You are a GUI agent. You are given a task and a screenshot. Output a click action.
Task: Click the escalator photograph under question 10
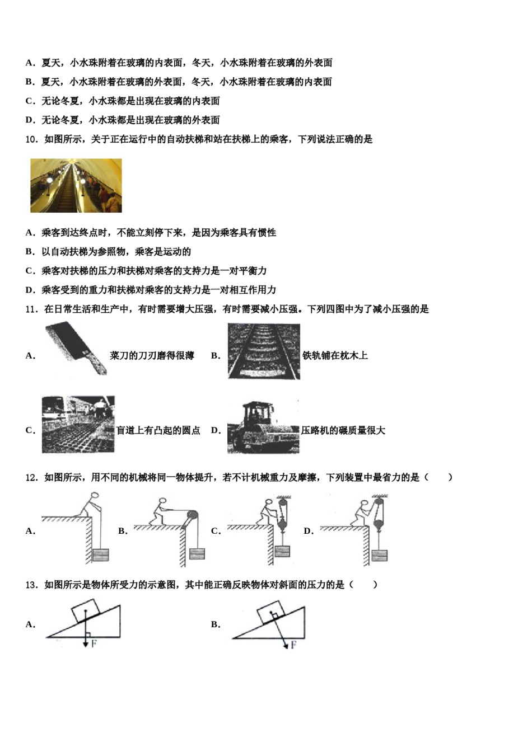pos(76,185)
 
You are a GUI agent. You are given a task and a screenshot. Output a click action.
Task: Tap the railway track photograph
pos(264,351)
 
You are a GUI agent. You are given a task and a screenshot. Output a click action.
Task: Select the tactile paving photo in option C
pos(78,425)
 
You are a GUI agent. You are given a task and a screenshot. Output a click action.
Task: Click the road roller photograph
pos(263,426)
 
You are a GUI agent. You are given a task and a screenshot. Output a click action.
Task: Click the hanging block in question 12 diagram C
pos(282,551)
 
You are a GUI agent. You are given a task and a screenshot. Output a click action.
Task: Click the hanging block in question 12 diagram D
pos(379,554)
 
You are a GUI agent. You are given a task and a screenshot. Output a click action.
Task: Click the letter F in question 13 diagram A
pos(94,644)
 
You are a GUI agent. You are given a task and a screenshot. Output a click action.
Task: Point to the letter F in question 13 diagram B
pos(293,646)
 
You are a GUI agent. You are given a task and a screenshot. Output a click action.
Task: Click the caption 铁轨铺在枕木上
pos(335,356)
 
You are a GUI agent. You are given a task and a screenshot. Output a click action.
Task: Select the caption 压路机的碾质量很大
pos(343,431)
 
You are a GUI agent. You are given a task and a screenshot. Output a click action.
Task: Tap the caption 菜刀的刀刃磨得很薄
pos(152,356)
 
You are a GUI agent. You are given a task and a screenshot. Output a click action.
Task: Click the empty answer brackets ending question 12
pos(438,477)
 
